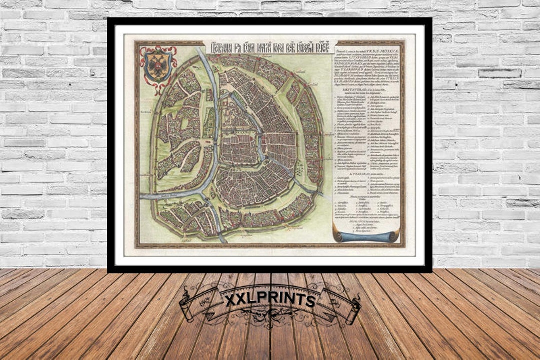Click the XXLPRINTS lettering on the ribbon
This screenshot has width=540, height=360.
[x=269, y=300]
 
